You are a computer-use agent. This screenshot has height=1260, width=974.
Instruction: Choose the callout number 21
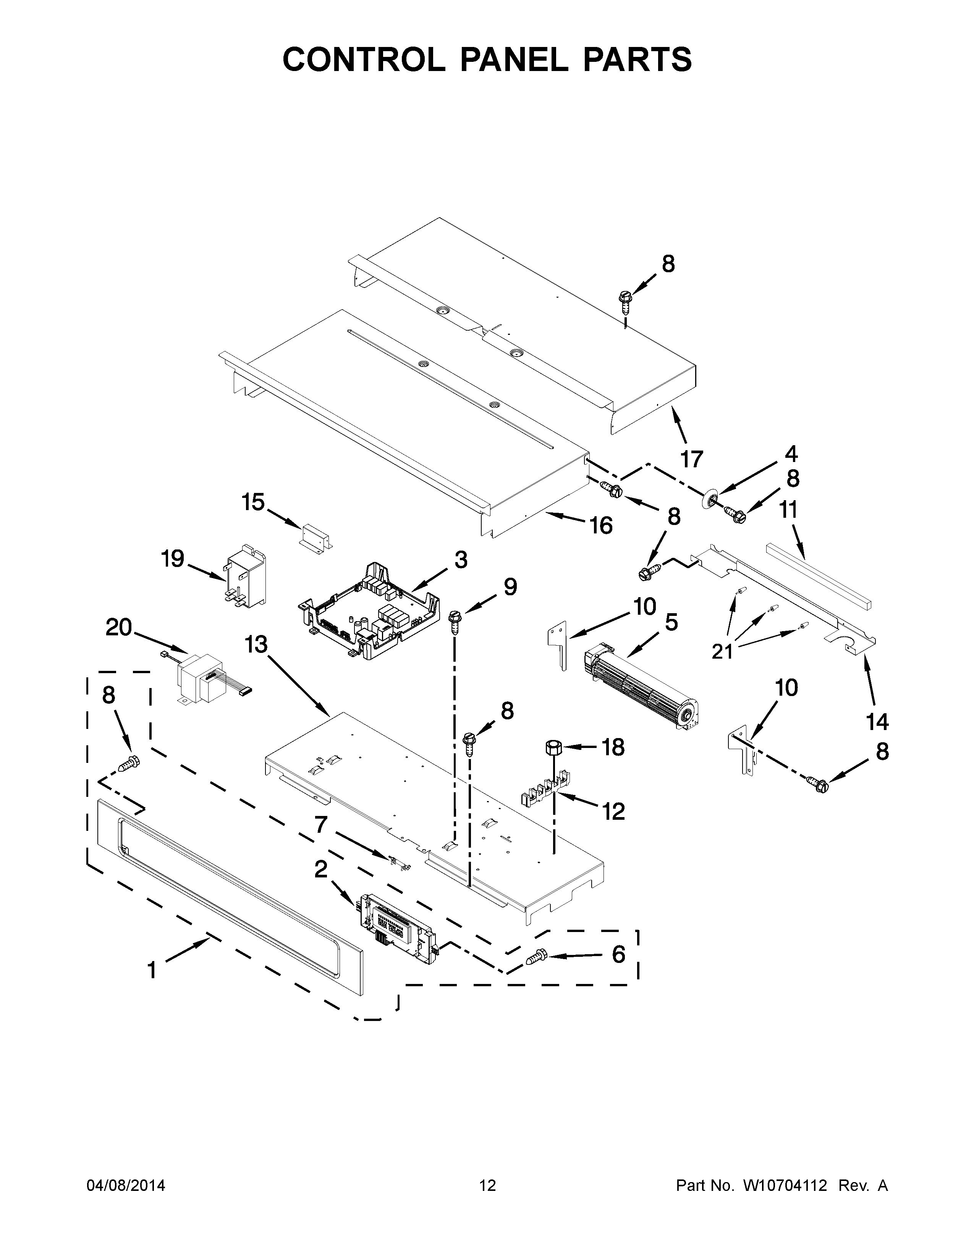click(722, 651)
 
